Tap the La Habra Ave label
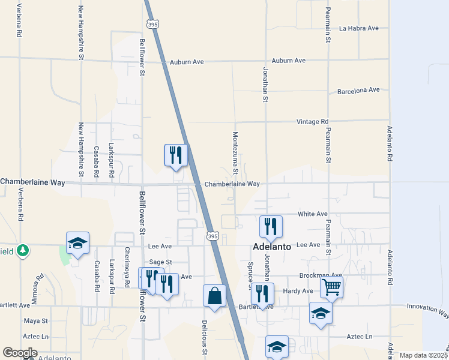[x=358, y=28]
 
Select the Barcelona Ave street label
[x=358, y=90]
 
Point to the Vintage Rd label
[x=313, y=122]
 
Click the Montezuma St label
[x=236, y=154]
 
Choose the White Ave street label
[x=313, y=214]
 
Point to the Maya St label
[x=31, y=321]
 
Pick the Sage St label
[x=160, y=262]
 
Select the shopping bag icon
[x=214, y=295]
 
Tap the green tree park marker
[x=23, y=250]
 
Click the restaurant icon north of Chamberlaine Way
[x=176, y=155]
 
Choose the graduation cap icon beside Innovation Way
[x=321, y=313]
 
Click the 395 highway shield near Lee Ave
[x=212, y=237]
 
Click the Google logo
[x=20, y=353]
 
